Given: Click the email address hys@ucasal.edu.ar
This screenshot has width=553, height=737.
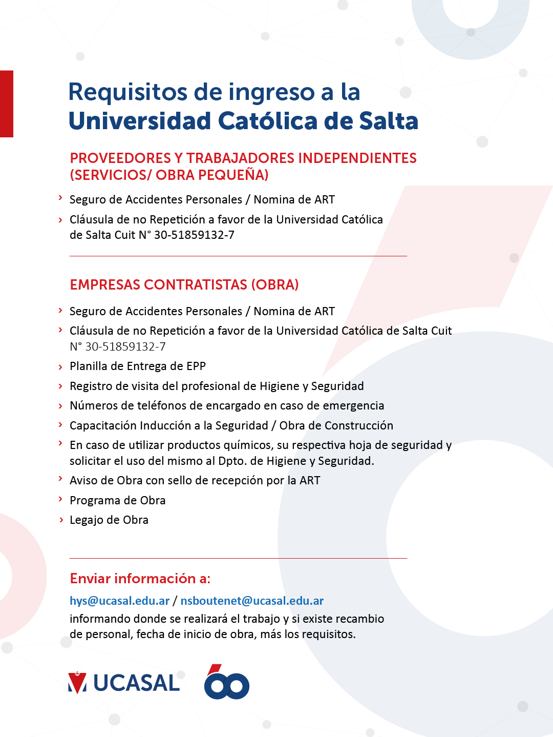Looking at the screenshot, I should [x=119, y=601].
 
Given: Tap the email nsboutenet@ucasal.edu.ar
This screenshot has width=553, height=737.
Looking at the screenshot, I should [x=252, y=601].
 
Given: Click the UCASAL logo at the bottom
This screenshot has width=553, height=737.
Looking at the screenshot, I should [x=124, y=683].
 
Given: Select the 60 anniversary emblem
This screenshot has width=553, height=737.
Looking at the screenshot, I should [x=226, y=683].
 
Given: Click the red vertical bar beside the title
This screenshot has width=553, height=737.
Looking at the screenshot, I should [x=7, y=104].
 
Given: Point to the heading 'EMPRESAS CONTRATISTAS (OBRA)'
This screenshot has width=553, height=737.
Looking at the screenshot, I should [x=184, y=285].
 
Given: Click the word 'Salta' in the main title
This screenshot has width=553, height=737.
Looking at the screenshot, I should [x=389, y=121].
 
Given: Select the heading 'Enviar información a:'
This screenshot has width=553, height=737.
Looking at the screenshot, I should [x=140, y=579].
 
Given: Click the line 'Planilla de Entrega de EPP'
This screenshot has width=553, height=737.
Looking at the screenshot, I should [x=138, y=366].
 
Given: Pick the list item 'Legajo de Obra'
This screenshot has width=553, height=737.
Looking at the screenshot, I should [x=109, y=520].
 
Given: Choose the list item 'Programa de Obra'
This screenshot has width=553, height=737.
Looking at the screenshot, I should [x=118, y=500].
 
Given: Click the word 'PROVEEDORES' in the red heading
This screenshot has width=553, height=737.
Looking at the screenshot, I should [x=120, y=158].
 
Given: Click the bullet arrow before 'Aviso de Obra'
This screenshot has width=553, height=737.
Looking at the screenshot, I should [x=60, y=480].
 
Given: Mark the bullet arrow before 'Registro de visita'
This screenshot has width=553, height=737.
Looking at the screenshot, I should [x=60, y=385].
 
